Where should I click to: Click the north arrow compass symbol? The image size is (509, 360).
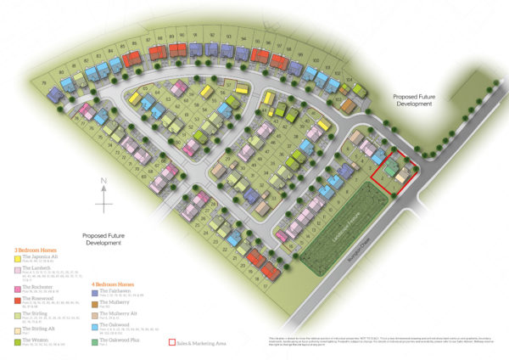pyautogui.click(x=103, y=194)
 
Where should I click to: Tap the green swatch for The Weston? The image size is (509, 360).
pyautogui.click(x=16, y=340)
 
